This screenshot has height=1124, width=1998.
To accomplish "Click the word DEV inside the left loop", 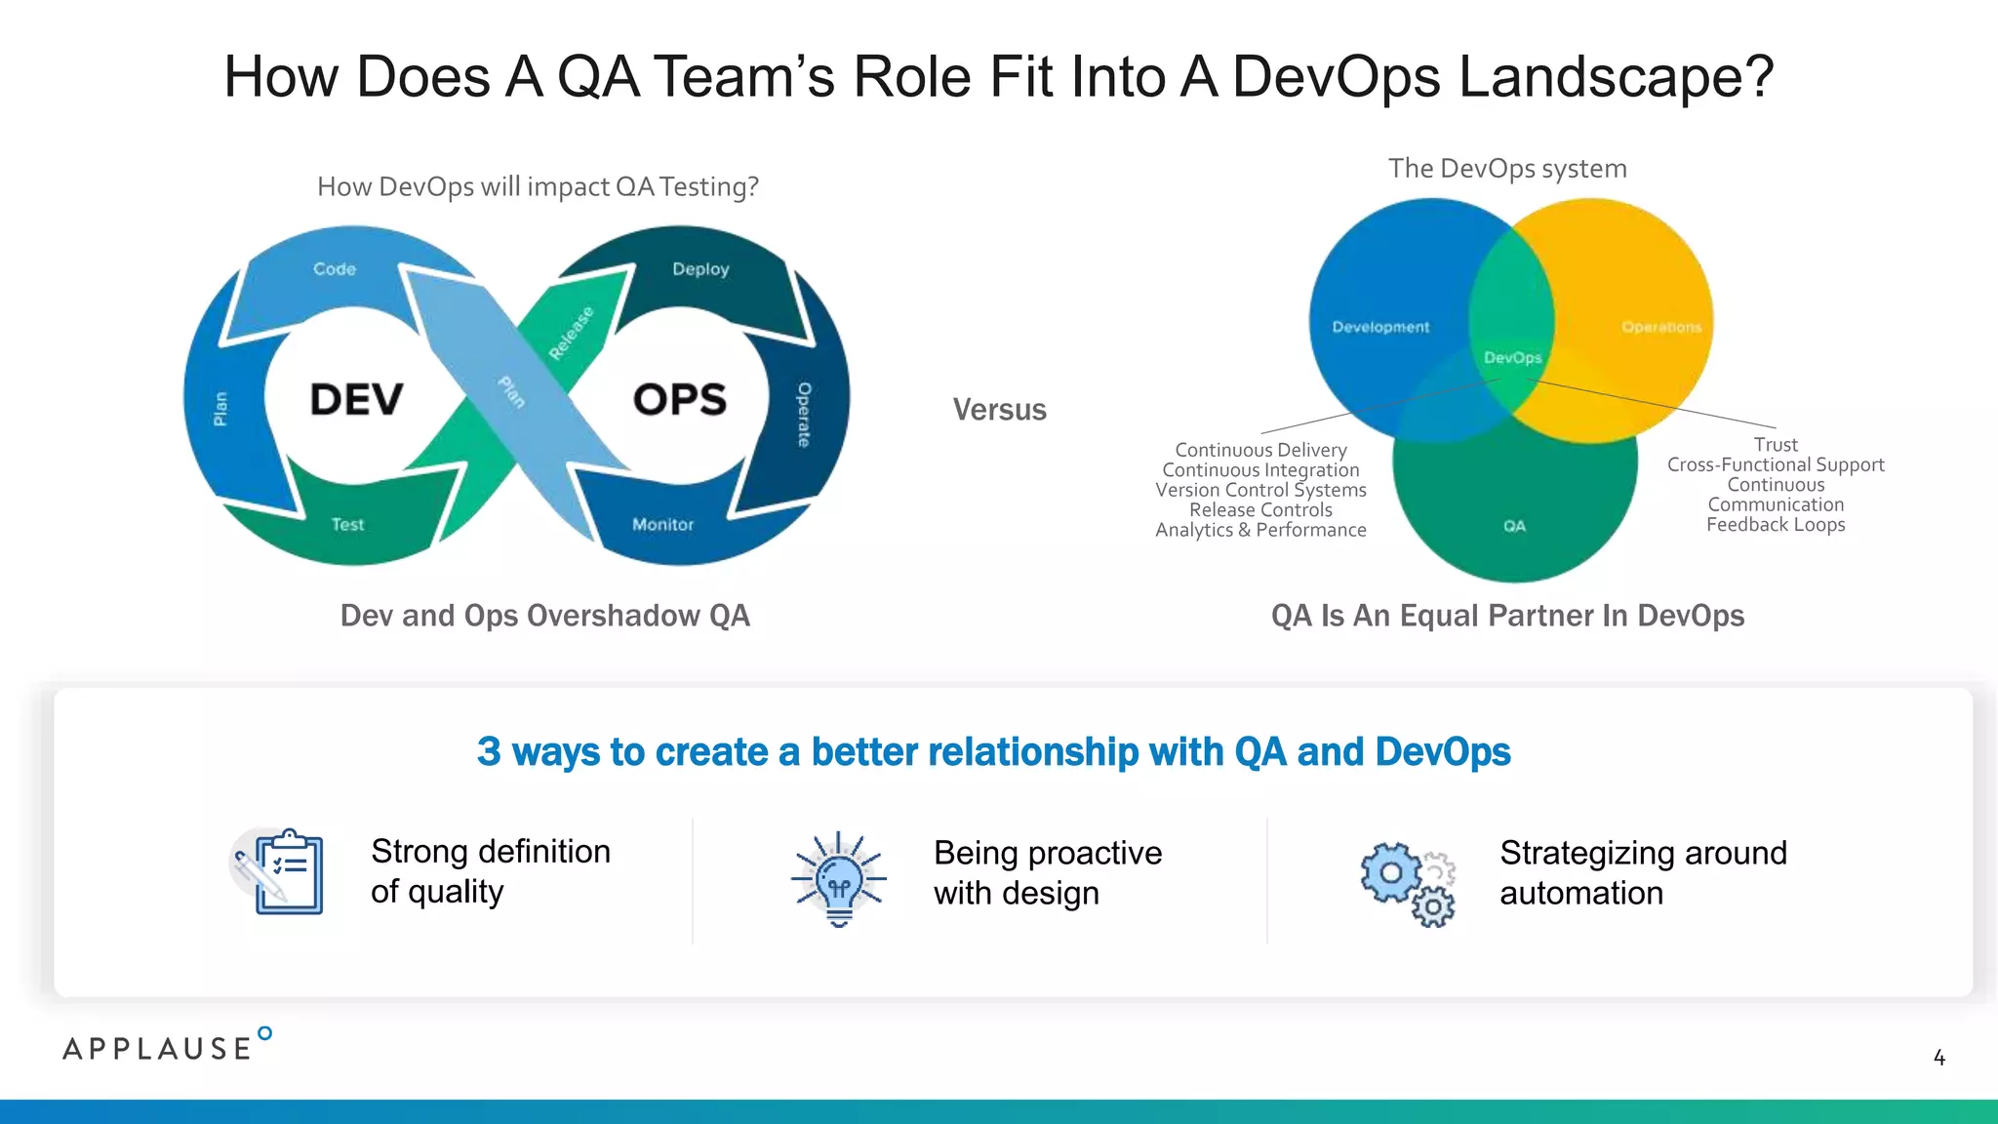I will pos(356,399).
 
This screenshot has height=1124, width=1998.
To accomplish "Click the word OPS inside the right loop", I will pos(680,399).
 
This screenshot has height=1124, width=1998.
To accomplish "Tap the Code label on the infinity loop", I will pos(335,268).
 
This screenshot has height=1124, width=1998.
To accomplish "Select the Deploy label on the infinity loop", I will pos(700,268).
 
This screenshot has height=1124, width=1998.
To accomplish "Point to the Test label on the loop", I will pos(347,524).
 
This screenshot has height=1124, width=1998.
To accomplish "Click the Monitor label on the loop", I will pos(662,524).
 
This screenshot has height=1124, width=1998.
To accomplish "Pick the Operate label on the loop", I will pos(804,415).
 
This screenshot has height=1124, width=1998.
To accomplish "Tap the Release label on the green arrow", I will pos(571,333).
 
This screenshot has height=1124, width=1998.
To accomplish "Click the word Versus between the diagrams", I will pos(999,410).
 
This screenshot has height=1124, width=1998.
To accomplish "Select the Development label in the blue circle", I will pos(1380,327).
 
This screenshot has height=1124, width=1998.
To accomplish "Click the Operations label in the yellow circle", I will pos(1661,327).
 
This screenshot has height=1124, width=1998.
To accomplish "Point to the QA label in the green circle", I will pos(1514,526).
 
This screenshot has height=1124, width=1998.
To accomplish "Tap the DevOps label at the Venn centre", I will pos(1512,358).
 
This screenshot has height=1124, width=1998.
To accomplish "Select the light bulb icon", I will pos(839,878).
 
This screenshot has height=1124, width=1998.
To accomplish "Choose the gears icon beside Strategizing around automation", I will pos(1408,883).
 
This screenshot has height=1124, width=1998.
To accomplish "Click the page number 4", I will pos(1939,1058).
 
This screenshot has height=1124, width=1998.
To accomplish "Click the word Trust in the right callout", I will pos(1776,445).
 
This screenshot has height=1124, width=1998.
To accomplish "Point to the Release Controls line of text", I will pos(1260,510).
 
